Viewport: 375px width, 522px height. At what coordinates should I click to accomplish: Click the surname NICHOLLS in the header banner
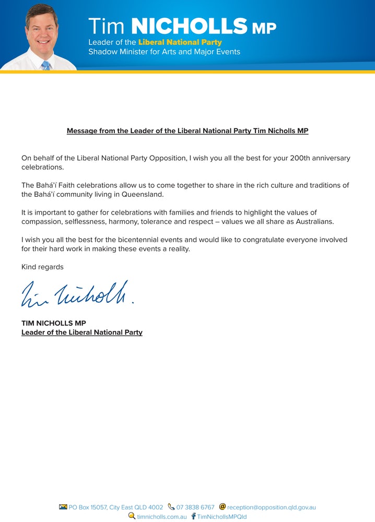click(189, 26)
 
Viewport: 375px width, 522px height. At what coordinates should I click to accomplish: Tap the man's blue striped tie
click(45, 65)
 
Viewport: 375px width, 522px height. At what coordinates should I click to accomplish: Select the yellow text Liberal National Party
click(180, 42)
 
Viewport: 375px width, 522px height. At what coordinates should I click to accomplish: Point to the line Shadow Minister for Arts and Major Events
click(164, 52)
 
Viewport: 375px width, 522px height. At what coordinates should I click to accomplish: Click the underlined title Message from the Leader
click(187, 130)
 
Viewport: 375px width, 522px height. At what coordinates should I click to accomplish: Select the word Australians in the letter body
click(311, 222)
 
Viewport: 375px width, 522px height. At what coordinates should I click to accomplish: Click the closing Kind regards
click(42, 267)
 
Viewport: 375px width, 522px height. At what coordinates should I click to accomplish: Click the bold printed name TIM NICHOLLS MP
click(54, 323)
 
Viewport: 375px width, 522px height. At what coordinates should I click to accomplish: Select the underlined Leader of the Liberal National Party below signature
click(82, 332)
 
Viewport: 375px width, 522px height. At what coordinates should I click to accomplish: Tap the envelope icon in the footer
click(63, 507)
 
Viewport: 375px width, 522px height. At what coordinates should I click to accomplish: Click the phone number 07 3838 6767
click(195, 507)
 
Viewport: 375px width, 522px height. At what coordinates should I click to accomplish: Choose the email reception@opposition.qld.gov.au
click(272, 507)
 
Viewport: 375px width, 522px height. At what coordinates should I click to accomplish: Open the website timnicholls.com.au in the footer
click(162, 516)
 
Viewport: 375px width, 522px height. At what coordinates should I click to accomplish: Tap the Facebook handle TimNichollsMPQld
click(221, 516)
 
